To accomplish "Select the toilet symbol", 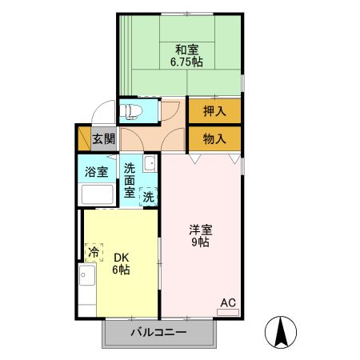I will point(131,109).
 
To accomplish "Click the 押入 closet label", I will point(214,110).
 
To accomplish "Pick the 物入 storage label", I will point(214,138).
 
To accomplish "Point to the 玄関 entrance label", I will point(102,138).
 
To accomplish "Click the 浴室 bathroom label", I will point(98,170).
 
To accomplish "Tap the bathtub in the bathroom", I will point(98,194).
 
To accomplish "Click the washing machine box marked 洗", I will point(148,197).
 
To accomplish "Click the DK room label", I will point(121,257).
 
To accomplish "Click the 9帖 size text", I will point(200,242).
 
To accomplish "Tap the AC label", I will point(228,302).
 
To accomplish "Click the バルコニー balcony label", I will point(158,333).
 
